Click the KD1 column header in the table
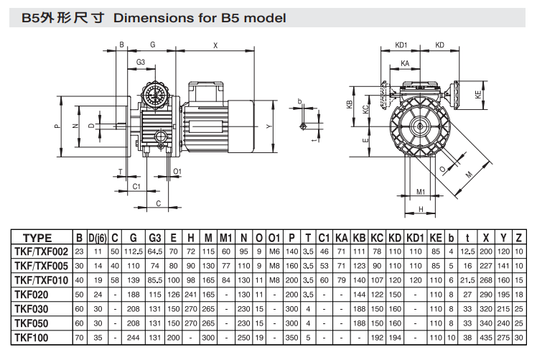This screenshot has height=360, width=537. [x=414, y=238]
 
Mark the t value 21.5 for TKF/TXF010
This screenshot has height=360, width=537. [x=468, y=280]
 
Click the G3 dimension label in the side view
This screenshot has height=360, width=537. [x=141, y=63]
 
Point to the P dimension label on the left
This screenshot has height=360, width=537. [x=56, y=126]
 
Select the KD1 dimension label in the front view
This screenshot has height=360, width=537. [x=401, y=45]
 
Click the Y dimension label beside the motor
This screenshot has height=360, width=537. [x=269, y=126]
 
